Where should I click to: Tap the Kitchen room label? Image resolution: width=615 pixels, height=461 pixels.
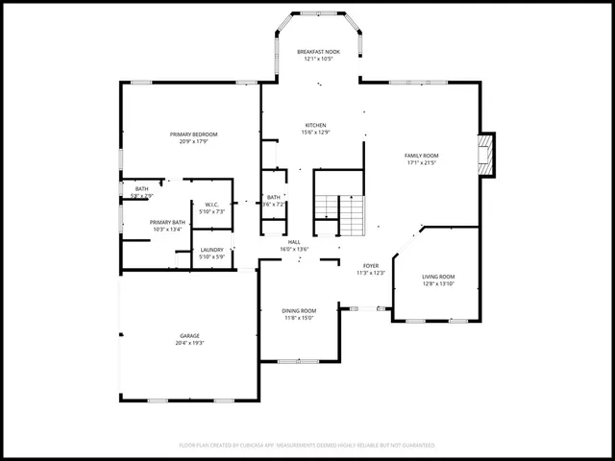click(315, 125)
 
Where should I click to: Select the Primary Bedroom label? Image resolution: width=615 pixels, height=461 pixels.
click(193, 133)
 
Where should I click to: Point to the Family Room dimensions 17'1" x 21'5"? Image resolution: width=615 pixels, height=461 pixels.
click(421, 162)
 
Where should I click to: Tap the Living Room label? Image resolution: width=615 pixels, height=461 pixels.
click(438, 277)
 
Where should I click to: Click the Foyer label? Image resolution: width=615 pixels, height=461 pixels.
click(371, 266)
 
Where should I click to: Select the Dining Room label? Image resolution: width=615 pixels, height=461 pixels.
click(299, 310)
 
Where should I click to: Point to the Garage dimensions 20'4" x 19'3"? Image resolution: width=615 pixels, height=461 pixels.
click(190, 343)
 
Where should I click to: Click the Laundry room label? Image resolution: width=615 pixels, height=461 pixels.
click(211, 250)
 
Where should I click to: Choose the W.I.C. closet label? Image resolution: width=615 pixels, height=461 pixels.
click(212, 204)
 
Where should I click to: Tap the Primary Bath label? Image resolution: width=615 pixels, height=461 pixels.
click(166, 222)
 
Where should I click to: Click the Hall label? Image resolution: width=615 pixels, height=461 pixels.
click(294, 242)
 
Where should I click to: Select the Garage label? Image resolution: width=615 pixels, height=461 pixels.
click(189, 336)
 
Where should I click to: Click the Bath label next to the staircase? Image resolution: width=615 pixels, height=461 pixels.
click(274, 197)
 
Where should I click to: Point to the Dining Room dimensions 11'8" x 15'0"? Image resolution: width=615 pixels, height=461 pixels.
click(299, 318)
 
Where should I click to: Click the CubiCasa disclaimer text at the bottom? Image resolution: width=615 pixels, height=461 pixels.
click(307, 446)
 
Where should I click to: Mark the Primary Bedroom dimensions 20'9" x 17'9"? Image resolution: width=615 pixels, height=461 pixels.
click(193, 141)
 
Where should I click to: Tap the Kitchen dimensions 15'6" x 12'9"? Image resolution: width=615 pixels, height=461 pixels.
click(315, 133)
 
